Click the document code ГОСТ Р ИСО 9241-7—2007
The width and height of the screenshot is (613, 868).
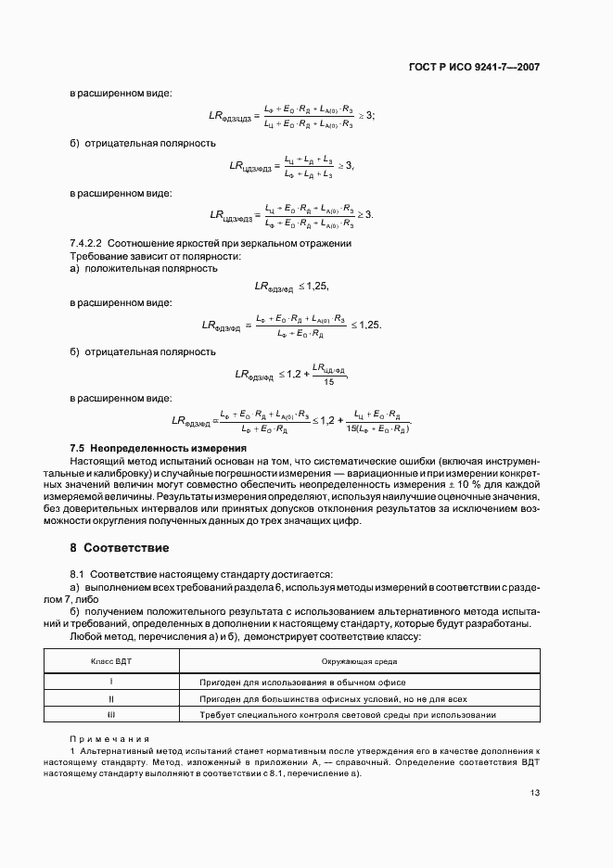pos(474,68)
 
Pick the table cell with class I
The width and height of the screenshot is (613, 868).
pos(111,682)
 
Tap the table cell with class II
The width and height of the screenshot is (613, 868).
pos(111,698)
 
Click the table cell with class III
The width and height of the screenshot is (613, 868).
pos(111,715)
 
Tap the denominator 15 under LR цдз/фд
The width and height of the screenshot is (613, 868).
pos(328,381)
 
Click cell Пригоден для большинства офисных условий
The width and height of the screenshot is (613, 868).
pos(333,698)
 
